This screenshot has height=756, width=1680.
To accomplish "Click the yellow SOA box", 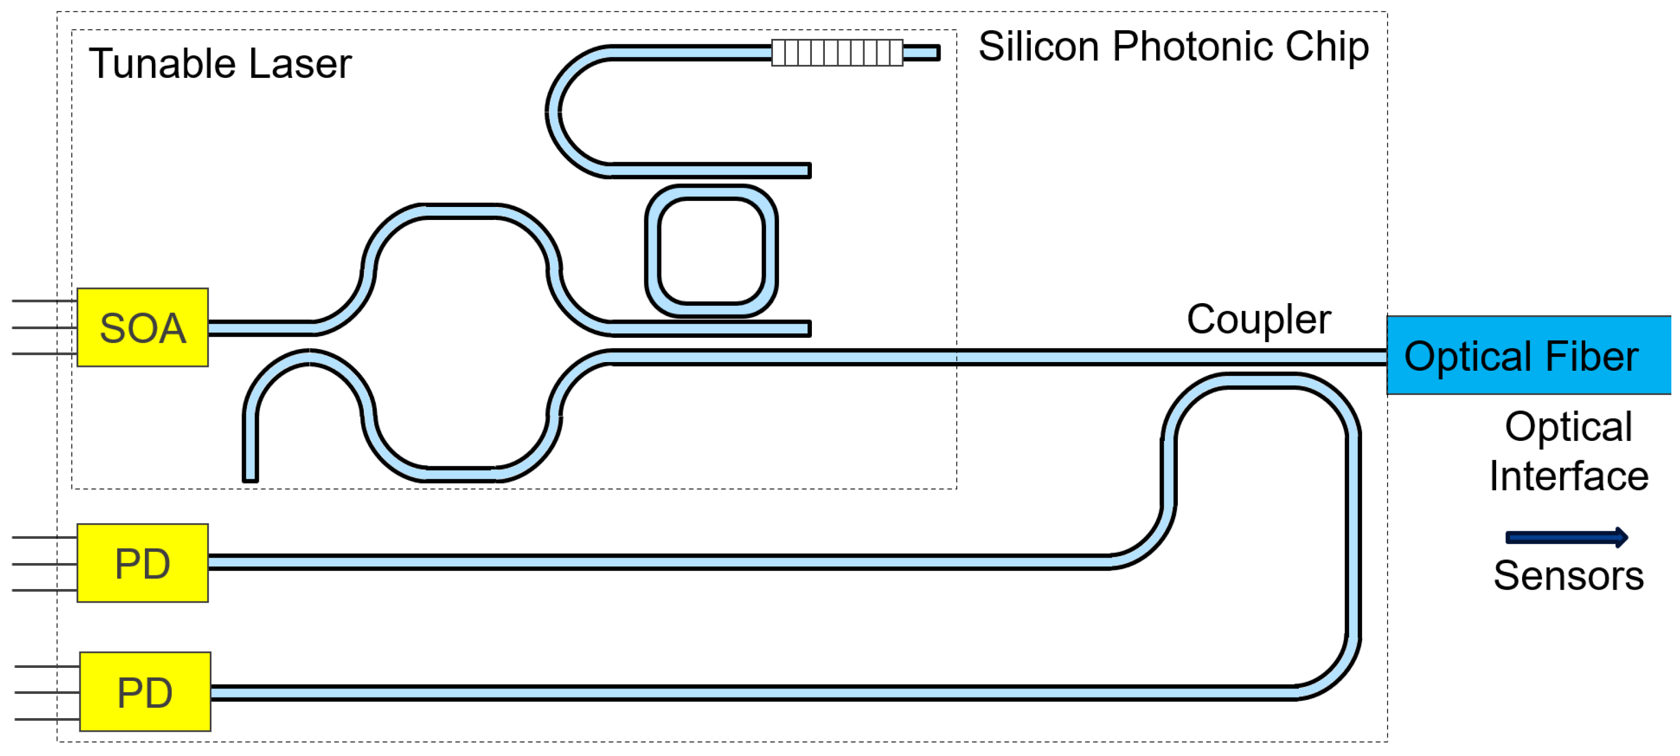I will click(x=142, y=327).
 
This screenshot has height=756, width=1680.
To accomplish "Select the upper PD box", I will click(x=142, y=563).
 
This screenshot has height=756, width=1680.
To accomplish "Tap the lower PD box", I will click(x=145, y=692).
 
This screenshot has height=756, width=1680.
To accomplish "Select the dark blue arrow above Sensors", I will click(x=1566, y=538).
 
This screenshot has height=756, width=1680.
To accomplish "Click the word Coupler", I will click(x=1258, y=320).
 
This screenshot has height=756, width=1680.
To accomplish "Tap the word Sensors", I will click(x=1568, y=576).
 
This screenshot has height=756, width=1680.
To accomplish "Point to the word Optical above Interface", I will click(x=1568, y=427).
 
